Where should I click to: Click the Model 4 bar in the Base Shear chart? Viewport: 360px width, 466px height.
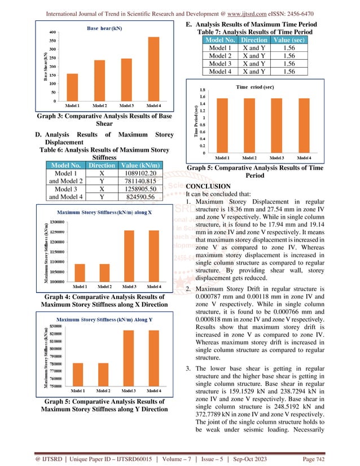tap(153, 69)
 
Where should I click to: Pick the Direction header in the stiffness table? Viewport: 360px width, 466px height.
tap(102, 165)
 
